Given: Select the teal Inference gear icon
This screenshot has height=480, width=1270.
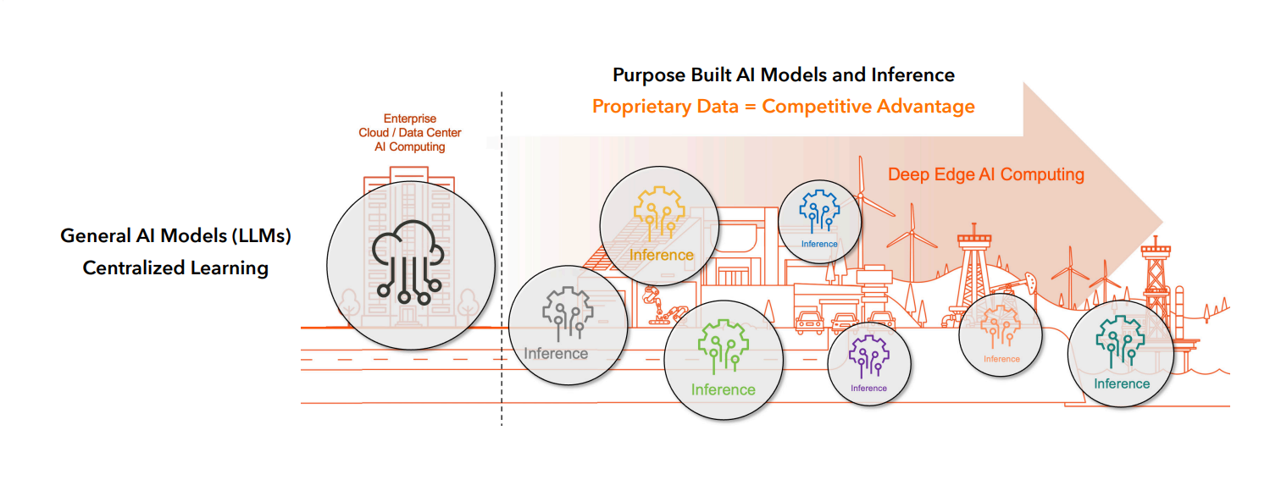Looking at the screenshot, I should click(1120, 343).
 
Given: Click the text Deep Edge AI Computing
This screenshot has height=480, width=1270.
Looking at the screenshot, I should click(985, 174).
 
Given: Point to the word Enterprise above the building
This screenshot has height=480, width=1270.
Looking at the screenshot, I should click(410, 119).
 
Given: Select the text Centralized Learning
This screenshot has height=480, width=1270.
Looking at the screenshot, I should click(175, 268).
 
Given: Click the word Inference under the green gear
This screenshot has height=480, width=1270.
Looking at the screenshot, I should click(723, 389).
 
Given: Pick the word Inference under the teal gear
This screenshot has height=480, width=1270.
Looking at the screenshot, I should click(1122, 383).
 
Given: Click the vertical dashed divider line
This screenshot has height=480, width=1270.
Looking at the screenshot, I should click(502, 254).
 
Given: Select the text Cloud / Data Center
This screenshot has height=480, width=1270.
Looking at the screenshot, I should click(410, 133).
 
